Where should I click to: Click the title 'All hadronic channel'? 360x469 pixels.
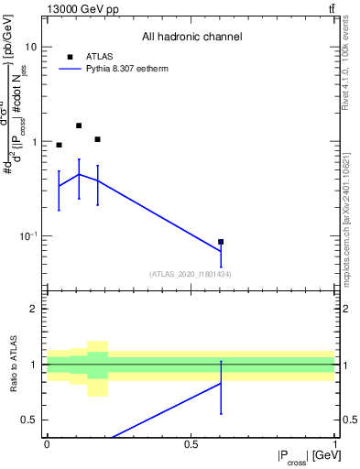(191, 38)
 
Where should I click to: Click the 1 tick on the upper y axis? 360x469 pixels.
(36, 142)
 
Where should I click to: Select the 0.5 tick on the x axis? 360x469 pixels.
(191, 444)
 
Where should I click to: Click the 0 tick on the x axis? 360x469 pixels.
(47, 444)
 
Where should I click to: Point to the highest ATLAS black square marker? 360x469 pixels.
(79, 125)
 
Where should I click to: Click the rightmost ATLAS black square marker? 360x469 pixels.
(221, 242)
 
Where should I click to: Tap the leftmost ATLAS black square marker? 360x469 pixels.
(59, 145)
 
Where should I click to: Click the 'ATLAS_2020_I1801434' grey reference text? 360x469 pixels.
(191, 274)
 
